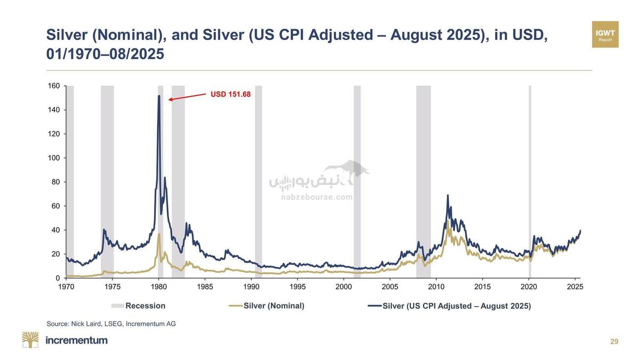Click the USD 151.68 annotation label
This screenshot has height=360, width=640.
click(230, 94)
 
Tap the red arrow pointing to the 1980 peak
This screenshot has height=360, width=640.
click(187, 97)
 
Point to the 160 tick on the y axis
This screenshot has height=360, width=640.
click(54, 86)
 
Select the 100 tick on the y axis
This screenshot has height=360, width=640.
click(54, 158)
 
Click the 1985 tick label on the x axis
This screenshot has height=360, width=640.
click(205, 287)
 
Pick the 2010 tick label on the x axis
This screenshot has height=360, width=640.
click(436, 287)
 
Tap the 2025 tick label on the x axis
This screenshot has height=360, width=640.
click(575, 287)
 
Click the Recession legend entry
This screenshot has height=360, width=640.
click(139, 306)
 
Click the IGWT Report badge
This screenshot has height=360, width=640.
click(605, 35)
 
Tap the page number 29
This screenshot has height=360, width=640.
click(614, 342)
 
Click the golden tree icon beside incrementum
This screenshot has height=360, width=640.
click(30, 340)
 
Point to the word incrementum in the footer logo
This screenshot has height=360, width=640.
click(77, 340)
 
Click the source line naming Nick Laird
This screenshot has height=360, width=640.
click(111, 324)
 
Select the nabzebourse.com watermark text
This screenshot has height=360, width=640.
click(317, 197)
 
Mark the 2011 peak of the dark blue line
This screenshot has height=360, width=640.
click(447, 196)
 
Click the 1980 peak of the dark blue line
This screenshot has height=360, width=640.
click(159, 97)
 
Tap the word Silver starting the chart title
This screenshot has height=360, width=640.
click(67, 35)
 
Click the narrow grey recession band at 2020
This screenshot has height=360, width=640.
click(530, 181)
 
